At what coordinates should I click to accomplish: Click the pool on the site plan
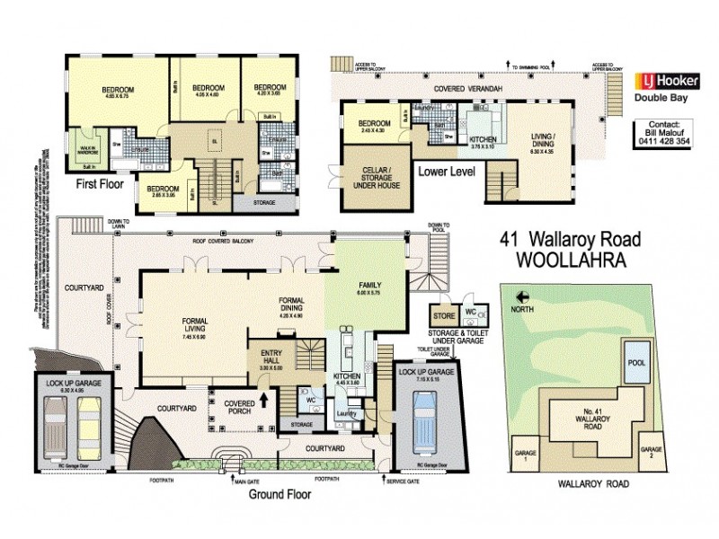point(638,364)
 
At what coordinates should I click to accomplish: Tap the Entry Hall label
point(271,358)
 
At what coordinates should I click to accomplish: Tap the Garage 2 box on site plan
point(651,452)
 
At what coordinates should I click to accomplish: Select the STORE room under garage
point(441,316)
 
